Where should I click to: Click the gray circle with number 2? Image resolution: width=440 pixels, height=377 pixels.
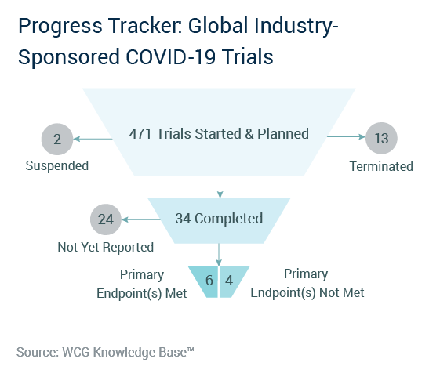(x=57, y=140)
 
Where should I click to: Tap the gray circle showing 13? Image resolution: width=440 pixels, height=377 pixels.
(x=381, y=138)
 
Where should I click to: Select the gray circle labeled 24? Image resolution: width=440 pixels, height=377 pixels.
(x=106, y=219)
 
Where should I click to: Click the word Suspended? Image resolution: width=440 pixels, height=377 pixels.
(x=57, y=166)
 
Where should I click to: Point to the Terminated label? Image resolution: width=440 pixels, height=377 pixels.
(x=381, y=166)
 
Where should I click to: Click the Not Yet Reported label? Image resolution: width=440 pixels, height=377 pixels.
(x=106, y=247)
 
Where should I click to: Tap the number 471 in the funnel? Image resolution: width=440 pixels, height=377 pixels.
(x=140, y=134)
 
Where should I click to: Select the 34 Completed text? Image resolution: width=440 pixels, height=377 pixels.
(x=219, y=219)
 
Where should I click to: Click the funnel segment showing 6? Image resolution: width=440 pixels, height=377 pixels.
(x=204, y=281)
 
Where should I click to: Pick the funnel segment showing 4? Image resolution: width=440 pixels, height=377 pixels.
(x=232, y=281)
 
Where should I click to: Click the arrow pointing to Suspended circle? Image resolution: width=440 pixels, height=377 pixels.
(x=93, y=139)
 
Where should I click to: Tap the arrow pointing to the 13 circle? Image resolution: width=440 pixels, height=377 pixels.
(x=346, y=136)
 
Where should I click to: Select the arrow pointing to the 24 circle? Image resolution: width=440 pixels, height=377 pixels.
(x=141, y=219)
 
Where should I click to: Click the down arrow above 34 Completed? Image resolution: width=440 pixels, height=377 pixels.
(x=220, y=187)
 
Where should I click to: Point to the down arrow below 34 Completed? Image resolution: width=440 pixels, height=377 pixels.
(x=219, y=255)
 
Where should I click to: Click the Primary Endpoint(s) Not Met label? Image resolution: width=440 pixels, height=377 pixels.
(x=307, y=283)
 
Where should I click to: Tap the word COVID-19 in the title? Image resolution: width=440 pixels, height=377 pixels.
(x=171, y=57)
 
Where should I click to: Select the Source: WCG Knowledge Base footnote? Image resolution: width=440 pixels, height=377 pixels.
(x=105, y=353)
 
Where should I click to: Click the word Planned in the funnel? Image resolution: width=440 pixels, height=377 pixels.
(x=283, y=134)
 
